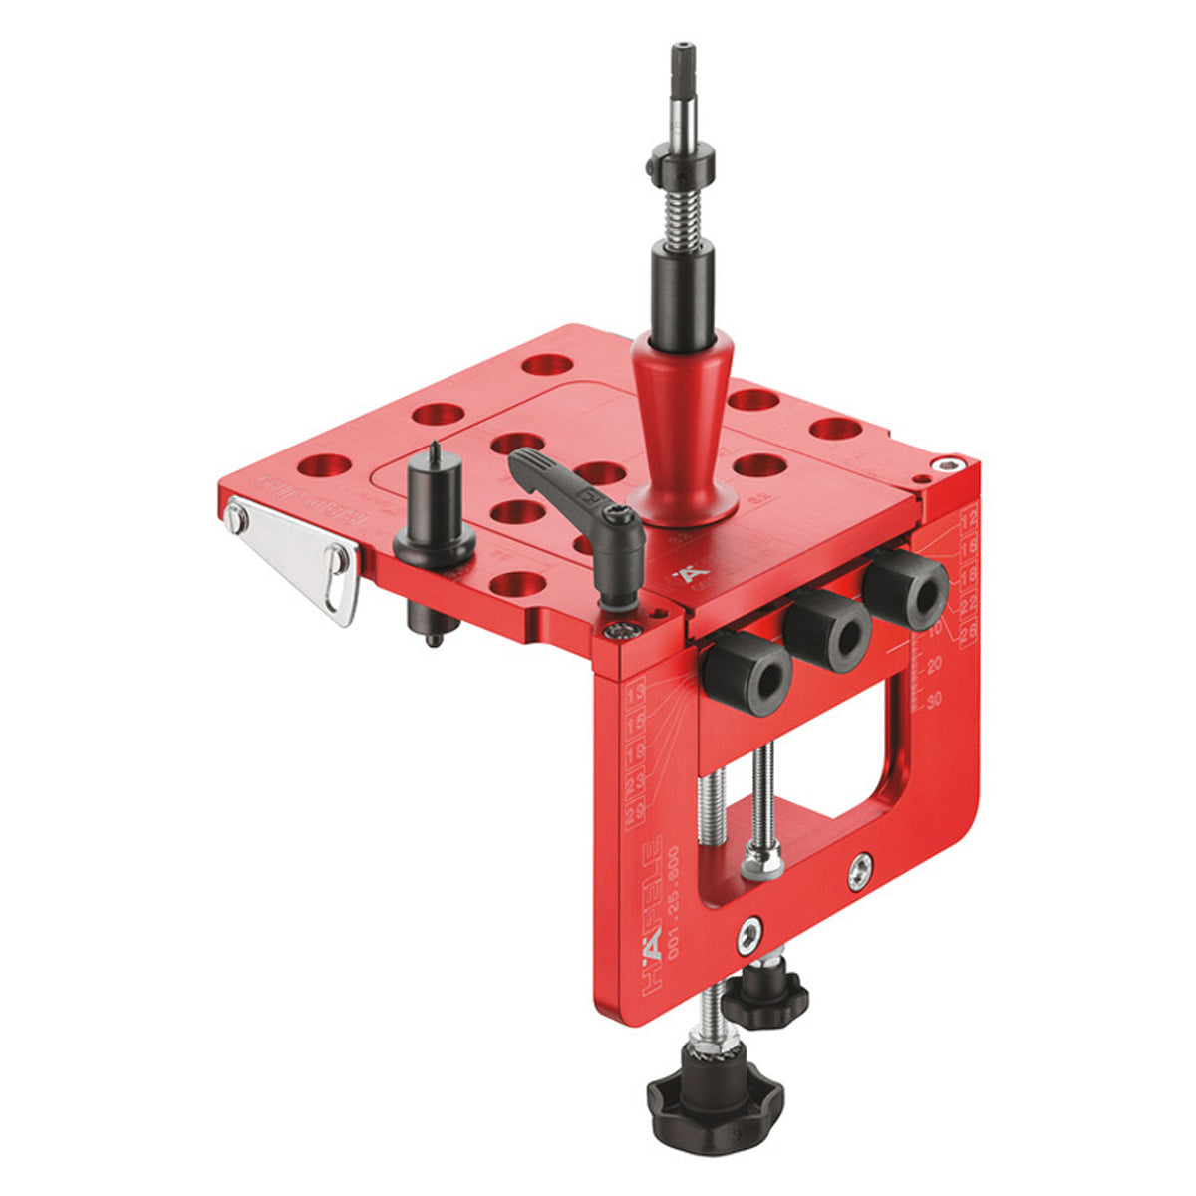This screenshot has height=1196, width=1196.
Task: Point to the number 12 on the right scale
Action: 966,519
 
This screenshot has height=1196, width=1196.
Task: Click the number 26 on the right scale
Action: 966,632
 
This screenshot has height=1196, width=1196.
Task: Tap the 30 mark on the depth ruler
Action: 934,701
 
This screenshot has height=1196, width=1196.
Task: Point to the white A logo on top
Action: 686,575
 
